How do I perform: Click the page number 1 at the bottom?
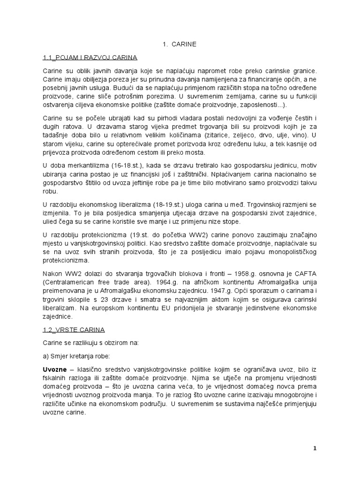coord(315,449)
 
